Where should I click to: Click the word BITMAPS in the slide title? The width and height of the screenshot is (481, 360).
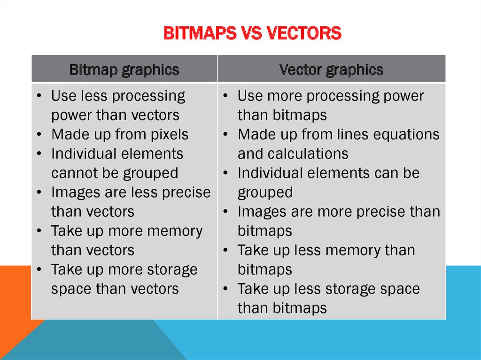(196, 33)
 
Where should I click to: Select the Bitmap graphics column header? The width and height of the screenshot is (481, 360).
(124, 70)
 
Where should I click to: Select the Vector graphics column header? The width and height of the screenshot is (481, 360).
(331, 70)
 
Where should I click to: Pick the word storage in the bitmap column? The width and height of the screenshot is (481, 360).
(170, 270)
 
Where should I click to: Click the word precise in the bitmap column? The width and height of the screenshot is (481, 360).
(187, 192)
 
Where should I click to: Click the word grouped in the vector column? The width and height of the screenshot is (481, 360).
(265, 192)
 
